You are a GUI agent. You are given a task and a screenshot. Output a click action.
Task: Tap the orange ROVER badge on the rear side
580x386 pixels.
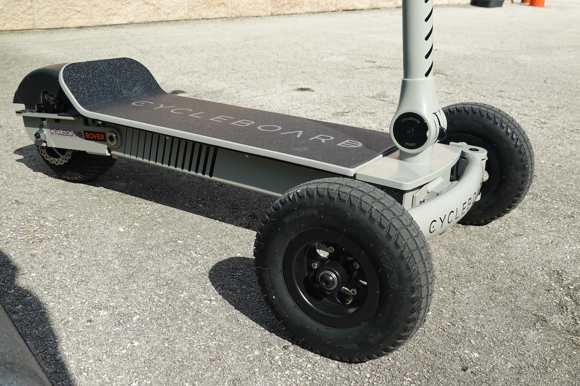pos(95,136)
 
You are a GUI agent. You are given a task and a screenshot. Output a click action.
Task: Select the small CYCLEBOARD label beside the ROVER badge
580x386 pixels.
pos(66,133)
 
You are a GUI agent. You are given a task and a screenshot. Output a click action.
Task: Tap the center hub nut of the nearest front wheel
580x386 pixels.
pos(328,280)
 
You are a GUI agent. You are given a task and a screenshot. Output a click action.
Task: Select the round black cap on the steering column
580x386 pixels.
pos(411,131)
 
